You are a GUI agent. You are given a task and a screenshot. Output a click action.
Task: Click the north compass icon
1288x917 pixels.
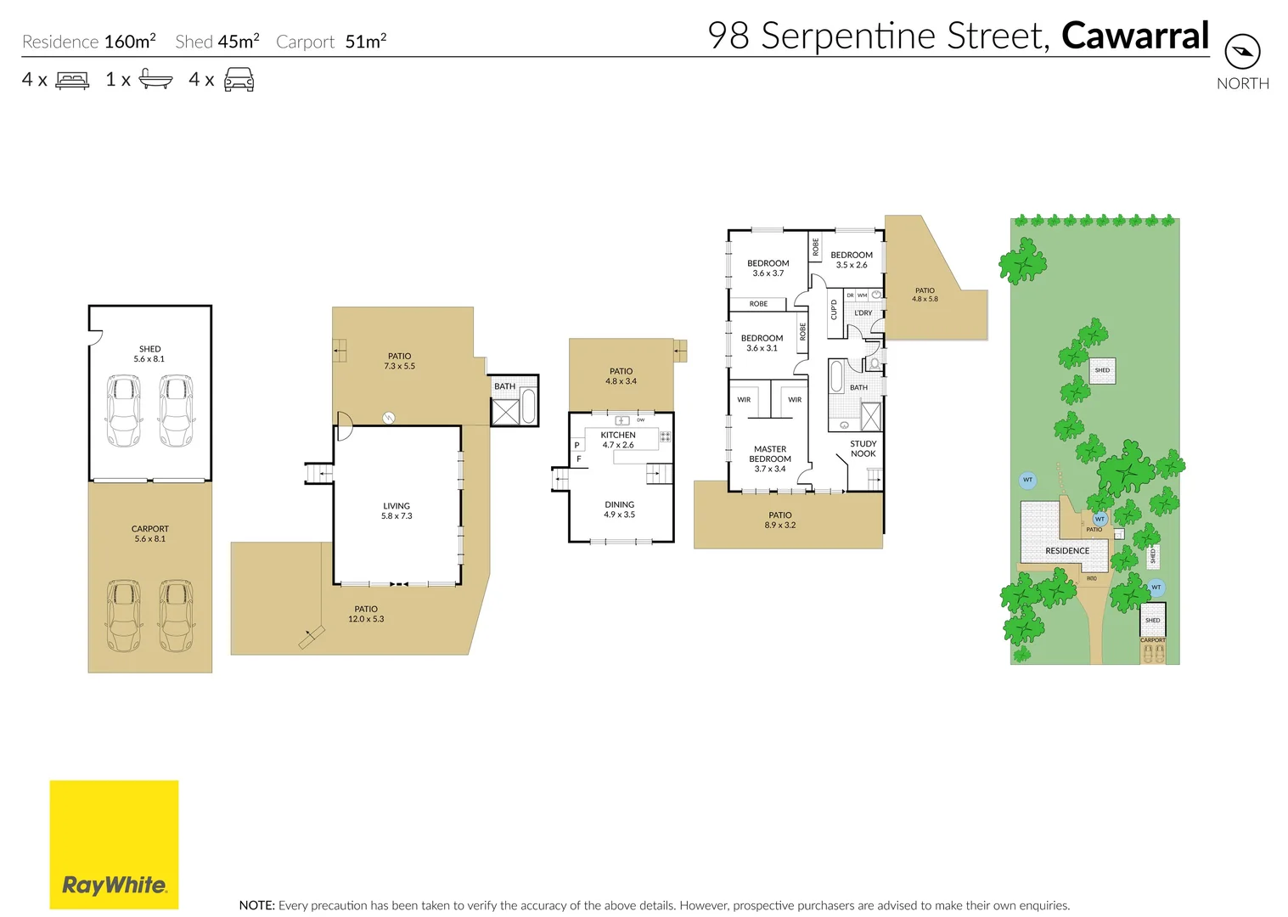[1242, 52]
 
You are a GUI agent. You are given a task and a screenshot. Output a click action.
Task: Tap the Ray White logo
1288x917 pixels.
[114, 845]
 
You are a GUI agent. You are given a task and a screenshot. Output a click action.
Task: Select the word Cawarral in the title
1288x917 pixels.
[1135, 36]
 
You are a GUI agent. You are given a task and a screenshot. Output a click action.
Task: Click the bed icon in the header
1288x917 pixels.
[72, 81]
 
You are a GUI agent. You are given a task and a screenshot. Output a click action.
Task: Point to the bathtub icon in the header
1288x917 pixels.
[155, 80]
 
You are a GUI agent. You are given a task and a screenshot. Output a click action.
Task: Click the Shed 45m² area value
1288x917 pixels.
[217, 42]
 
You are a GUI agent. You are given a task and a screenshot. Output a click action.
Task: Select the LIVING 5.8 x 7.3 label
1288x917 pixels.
[397, 511]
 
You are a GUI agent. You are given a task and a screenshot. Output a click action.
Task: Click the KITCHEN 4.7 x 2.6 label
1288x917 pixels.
[618, 440]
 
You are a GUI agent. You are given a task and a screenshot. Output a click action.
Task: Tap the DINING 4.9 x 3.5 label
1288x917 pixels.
[620, 509]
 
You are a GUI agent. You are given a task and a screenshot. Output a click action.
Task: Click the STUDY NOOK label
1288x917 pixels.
[863, 448]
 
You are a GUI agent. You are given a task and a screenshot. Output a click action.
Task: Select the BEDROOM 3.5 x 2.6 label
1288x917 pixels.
[852, 260]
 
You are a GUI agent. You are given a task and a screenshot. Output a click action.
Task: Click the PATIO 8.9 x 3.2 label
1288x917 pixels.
[780, 520]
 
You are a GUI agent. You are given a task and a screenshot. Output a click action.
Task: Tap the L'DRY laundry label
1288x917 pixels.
[863, 312]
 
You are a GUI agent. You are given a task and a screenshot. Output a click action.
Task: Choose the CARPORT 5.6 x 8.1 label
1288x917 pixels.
[150, 533]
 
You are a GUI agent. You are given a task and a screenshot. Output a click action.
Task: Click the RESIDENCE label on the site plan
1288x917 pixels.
[1067, 551]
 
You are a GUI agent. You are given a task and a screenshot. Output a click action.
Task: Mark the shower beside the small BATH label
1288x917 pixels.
[504, 413]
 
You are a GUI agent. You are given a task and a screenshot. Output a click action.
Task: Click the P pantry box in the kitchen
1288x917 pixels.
[577, 445]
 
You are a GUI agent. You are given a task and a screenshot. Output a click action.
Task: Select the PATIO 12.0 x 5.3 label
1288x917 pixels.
[366, 614]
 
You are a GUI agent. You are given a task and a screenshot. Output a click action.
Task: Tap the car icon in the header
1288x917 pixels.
[239, 81]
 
